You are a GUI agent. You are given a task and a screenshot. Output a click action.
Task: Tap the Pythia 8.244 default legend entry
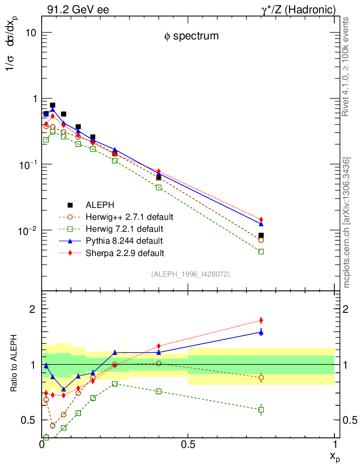click(x=125, y=240)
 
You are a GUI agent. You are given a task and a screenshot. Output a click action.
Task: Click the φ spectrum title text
click(x=191, y=36)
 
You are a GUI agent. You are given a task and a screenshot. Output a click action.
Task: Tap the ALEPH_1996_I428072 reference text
click(x=190, y=274)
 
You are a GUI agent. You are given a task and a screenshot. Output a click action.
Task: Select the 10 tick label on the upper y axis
click(x=31, y=33)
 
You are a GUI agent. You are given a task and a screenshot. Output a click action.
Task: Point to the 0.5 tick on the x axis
click(x=188, y=444)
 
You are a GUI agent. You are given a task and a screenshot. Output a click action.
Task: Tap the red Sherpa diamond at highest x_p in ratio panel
click(x=261, y=320)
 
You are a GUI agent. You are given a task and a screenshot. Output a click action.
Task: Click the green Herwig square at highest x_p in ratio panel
click(x=261, y=409)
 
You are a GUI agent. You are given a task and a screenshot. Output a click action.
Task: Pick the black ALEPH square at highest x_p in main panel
click(x=261, y=235)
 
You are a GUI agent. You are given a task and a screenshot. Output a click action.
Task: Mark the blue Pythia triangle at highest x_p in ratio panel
click(x=261, y=332)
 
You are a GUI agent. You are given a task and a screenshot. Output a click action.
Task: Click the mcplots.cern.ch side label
click(x=347, y=223)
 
